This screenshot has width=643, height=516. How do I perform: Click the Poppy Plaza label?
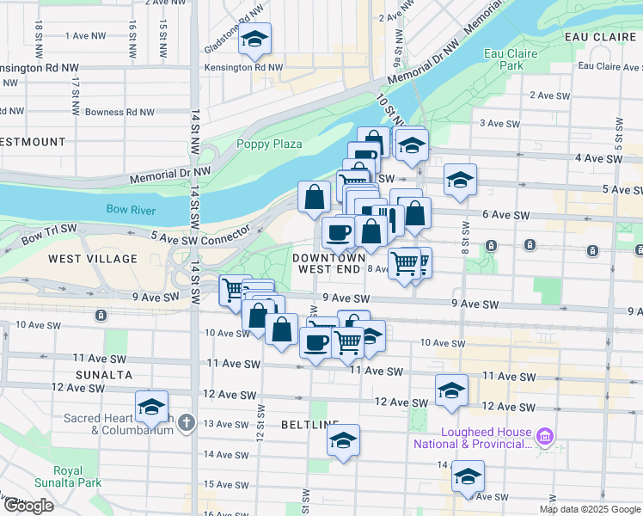[269, 144]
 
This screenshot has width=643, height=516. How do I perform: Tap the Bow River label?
[129, 209]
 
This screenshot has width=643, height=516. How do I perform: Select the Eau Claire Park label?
[504, 58]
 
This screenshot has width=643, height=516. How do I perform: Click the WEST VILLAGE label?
[93, 259]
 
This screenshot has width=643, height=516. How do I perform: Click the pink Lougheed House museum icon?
[543, 438]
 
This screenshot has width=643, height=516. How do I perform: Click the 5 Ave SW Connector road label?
[199, 235]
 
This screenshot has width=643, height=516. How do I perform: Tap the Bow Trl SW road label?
[49, 233]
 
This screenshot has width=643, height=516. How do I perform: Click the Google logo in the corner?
[28, 506]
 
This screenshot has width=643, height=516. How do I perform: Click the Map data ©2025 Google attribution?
[589, 509]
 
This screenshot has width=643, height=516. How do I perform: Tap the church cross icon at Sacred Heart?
[187, 422]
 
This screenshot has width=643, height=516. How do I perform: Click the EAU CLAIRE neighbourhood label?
[600, 37]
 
